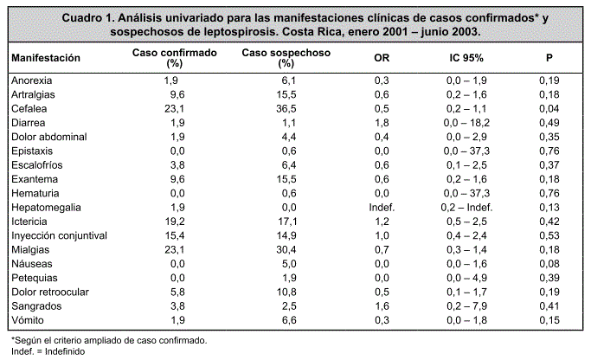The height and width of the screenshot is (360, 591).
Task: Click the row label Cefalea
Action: click(29, 108)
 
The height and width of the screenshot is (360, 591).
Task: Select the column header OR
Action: click(382, 58)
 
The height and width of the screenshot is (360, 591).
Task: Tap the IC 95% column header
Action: click(466, 58)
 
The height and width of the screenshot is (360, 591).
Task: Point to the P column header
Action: click(549, 58)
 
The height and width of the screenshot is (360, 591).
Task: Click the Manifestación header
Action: click(46, 58)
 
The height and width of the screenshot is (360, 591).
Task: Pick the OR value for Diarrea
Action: click(382, 123)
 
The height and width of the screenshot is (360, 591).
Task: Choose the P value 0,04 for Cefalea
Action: click(549, 108)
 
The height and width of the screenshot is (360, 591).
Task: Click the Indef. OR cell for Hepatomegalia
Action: click(382, 208)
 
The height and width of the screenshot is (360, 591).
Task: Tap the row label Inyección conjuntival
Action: click(59, 235)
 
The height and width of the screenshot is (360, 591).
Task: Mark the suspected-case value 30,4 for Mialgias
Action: click(286, 249)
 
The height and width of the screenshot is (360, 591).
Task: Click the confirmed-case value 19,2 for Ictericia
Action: click(175, 222)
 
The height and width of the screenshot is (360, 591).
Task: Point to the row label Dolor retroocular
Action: click(50, 292)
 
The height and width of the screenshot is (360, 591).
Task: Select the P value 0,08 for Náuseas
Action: click(549, 264)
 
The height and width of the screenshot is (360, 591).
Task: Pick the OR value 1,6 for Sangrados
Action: click(382, 306)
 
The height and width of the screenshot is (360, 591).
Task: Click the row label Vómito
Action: click(28, 320)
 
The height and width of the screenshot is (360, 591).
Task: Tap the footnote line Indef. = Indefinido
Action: click(48, 351)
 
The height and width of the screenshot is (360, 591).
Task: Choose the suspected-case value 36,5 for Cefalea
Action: click(286, 108)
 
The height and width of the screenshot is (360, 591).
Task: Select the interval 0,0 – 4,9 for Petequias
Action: click(466, 278)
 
